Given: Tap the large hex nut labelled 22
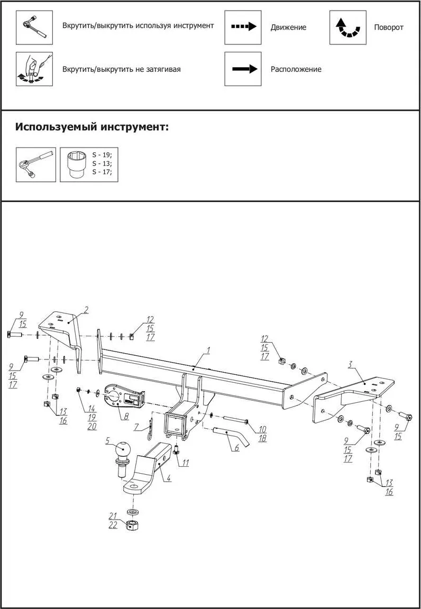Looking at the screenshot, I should (x=132, y=525).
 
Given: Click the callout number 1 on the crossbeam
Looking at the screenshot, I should (x=208, y=350).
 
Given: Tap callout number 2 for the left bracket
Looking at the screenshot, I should (x=86, y=309).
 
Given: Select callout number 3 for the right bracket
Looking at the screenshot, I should (x=350, y=364).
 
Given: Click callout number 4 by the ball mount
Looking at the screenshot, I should (x=168, y=478).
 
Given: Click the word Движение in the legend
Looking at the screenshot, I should (x=288, y=27).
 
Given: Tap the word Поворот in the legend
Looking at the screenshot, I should (x=389, y=27).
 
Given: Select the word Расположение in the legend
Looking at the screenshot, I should (x=296, y=69).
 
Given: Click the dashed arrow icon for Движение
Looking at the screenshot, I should (x=243, y=26).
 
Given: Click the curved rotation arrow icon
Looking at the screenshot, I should (x=348, y=27).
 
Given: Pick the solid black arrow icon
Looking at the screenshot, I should (x=243, y=69).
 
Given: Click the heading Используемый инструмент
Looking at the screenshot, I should (x=92, y=127).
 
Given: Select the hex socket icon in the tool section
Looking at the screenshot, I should (x=75, y=164).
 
